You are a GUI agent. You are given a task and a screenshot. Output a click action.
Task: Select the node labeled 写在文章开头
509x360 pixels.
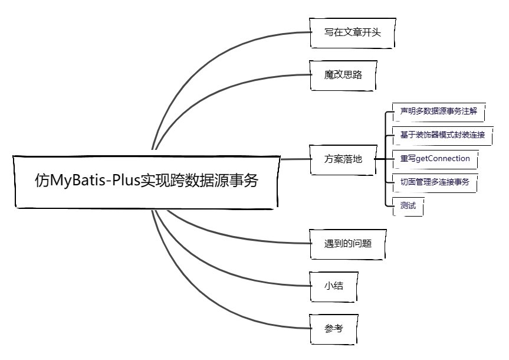point(352,32)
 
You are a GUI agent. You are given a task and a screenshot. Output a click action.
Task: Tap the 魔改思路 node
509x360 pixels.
point(343,74)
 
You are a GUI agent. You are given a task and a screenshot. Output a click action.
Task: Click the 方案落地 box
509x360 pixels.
point(343,159)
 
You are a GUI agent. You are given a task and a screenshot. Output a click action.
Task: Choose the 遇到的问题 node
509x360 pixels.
point(348,243)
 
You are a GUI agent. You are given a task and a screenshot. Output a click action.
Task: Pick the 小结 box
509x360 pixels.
point(334,286)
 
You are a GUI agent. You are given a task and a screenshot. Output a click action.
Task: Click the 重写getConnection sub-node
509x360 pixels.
point(435,159)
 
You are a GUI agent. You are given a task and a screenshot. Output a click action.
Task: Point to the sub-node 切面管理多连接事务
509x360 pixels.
point(435,182)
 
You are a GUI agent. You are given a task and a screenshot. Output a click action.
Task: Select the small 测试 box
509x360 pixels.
point(408,206)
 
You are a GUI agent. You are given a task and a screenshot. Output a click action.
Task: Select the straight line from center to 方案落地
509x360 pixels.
point(295,159)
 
